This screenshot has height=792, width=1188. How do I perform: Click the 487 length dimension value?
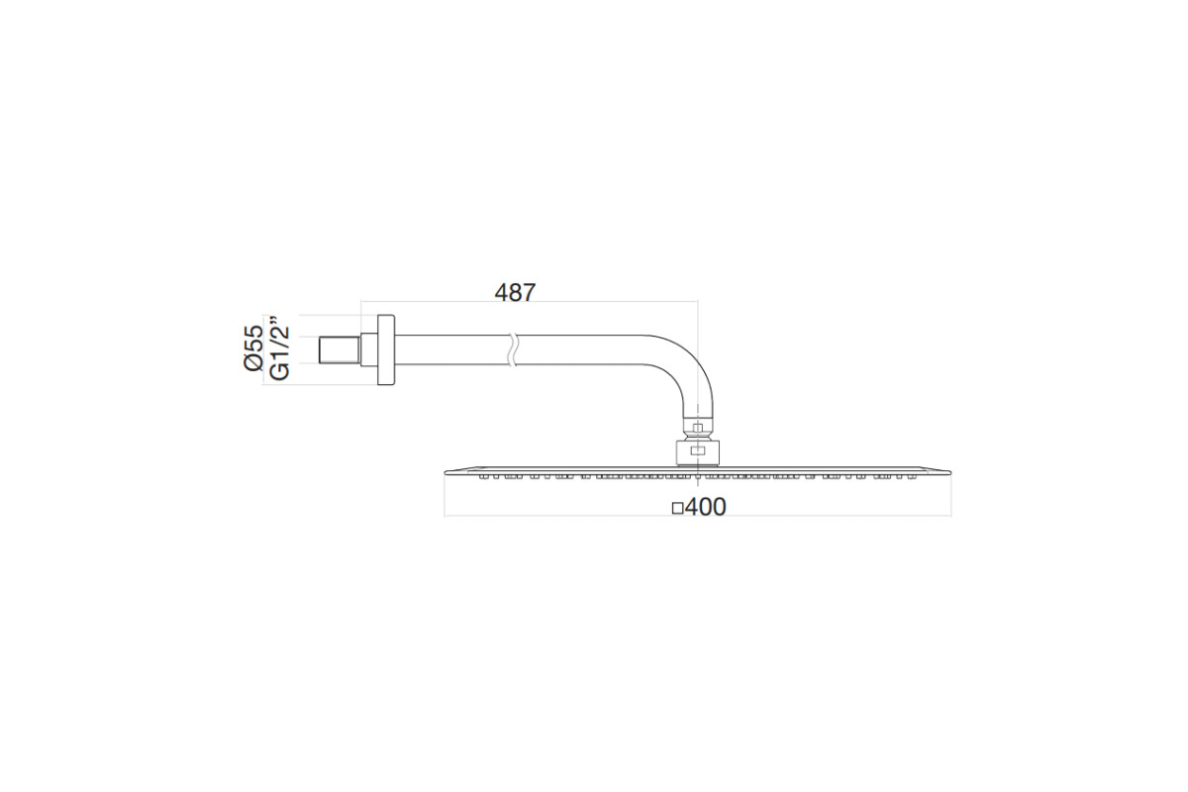coord(515,292)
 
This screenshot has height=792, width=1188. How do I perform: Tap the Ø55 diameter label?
coord(253,348)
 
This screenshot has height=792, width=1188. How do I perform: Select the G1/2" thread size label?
coord(279,349)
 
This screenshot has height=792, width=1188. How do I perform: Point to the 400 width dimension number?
coord(705,507)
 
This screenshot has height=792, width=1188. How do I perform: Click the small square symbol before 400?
coord(677,509)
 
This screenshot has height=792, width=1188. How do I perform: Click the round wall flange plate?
coord(386,350)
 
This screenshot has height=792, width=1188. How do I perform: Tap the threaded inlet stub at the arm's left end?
coord(340,350)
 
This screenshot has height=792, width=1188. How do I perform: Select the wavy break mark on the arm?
coord(512,350)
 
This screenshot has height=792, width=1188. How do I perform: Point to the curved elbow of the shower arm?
coord(684,371)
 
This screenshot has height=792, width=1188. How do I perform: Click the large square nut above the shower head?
coord(697,452)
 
